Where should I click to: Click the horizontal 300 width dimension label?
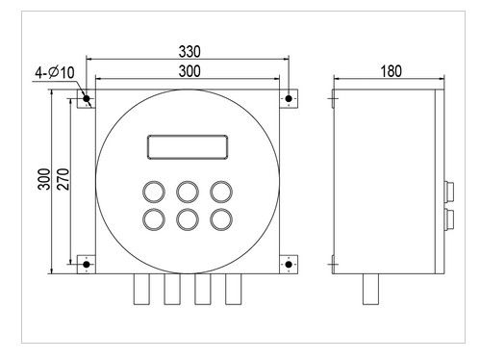click(x=189, y=72)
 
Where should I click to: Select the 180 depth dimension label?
click(x=391, y=72)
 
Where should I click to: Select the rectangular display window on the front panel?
click(x=187, y=147)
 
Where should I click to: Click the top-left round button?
click(x=152, y=189)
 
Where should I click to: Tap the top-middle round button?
click(x=187, y=189)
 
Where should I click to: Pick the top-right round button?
click(x=221, y=189)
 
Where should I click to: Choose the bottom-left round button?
click(x=152, y=219)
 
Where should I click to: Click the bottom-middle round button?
click(x=187, y=219)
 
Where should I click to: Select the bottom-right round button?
click(x=221, y=219)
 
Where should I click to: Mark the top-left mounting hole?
click(x=87, y=98)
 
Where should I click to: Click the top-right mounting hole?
click(x=288, y=98)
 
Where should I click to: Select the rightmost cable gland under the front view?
click(x=234, y=292)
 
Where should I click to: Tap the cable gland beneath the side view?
click(x=370, y=292)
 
